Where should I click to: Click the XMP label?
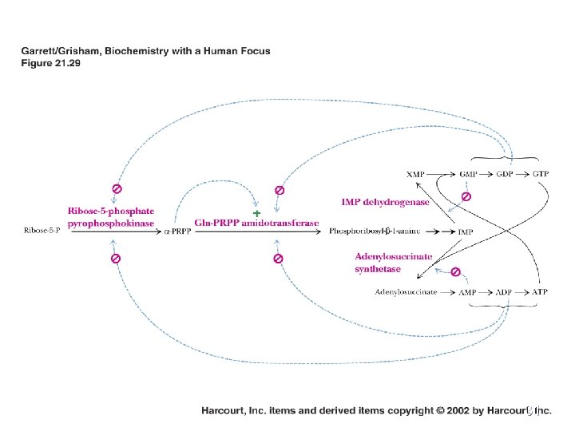coord(415,173)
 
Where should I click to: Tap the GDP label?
coord(506,173)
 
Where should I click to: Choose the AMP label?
coord(468,292)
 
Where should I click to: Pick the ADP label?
coord(504,292)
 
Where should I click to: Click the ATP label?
coord(541,292)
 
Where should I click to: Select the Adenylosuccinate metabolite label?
coord(406,292)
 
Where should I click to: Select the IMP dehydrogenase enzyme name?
coord(385,202)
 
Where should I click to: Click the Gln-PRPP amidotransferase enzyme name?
coord(256,223)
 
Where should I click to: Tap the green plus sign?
coord(256,213)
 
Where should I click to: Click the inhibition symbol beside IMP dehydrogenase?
coord(466,196)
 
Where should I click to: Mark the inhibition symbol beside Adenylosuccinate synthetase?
coord(455,272)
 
